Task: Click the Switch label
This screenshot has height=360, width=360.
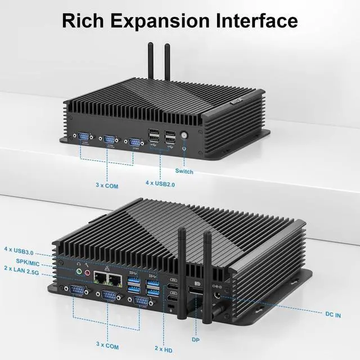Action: (x=184, y=171)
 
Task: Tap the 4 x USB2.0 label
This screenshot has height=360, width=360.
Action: (x=161, y=183)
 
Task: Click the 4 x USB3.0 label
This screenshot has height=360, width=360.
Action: (x=22, y=249)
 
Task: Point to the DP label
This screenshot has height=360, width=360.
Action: (x=196, y=339)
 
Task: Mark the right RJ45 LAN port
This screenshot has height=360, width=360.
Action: (x=116, y=277)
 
